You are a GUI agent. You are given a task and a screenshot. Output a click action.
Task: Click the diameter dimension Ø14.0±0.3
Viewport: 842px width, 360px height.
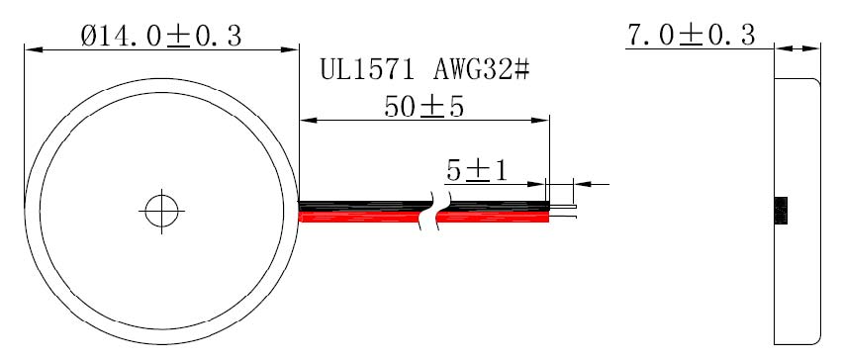tap(161, 37)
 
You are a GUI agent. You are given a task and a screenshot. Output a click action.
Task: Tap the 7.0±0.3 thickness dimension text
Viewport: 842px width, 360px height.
tap(691, 36)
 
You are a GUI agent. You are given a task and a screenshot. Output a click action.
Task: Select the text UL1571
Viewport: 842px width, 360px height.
tap(367, 70)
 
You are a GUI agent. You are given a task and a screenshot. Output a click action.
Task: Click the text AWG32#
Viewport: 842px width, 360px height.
tap(482, 70)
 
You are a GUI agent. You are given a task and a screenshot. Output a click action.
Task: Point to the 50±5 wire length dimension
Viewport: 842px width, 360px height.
tap(423, 107)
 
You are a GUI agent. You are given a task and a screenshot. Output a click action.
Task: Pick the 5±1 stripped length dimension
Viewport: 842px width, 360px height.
tap(477, 171)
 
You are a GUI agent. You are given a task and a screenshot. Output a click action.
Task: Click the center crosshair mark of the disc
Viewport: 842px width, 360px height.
tap(161, 211)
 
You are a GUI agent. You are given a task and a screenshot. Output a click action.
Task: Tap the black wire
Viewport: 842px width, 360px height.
tap(423, 206)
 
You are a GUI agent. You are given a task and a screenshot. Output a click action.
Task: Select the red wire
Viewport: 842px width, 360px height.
tap(423, 217)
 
